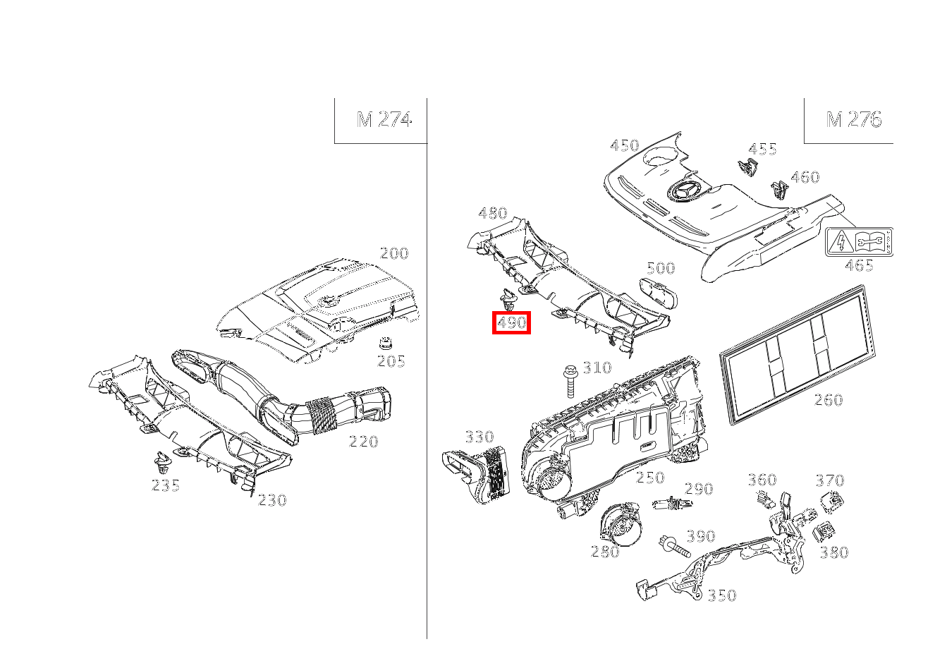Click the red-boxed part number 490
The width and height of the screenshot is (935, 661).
coord(511,323)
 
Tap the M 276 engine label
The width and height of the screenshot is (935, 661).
coord(854,120)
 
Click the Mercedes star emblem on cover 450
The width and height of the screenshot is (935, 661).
coord(684,193)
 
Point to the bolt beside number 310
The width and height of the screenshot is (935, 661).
coord(570,382)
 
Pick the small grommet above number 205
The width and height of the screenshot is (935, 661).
coord(386,344)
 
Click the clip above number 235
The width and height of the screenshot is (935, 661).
coord(162,462)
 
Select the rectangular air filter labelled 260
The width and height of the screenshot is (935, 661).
coord(797,354)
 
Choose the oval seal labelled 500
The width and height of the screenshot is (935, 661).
coord(659,294)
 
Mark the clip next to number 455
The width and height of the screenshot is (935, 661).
coord(747,166)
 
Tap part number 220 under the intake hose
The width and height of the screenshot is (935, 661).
coord(364,442)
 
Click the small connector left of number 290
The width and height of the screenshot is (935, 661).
coord(673,504)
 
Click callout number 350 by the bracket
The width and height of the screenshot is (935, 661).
coord(722,595)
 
